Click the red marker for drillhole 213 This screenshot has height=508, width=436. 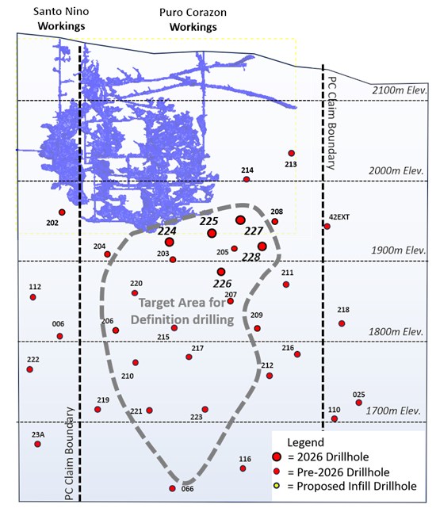pyautogui.click(x=291, y=153)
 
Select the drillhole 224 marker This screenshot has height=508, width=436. pyautogui.click(x=169, y=242)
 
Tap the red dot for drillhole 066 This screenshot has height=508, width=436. pyautogui.click(x=173, y=488)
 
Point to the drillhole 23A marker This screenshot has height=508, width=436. pyautogui.click(x=37, y=444)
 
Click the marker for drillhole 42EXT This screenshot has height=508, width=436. pyautogui.click(x=327, y=226)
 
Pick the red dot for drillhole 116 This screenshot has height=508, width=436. pyautogui.click(x=243, y=468)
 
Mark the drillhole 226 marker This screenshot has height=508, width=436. pyautogui.click(x=221, y=272)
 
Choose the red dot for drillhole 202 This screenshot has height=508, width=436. pyautogui.click(x=62, y=212)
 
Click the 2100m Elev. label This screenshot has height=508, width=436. pyautogui.click(x=400, y=90)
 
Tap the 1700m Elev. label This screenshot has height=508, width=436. pyautogui.click(x=393, y=411)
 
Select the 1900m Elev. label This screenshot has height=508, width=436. pyautogui.click(x=399, y=250)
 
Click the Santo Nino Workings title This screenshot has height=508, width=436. pyautogui.click(x=61, y=18)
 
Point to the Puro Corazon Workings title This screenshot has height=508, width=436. pyautogui.click(x=193, y=20)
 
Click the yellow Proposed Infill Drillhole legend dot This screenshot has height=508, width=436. pyautogui.click(x=277, y=485)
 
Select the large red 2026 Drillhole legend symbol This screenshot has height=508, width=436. pyautogui.click(x=277, y=456)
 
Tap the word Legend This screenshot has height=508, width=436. pyautogui.click(x=306, y=442)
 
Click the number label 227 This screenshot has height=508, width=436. pyautogui.click(x=254, y=231)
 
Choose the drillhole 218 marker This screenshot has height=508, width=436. pyautogui.click(x=342, y=323)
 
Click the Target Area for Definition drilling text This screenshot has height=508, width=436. pyautogui.click(x=182, y=311)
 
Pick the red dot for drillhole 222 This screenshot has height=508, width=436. pyautogui.click(x=30, y=369)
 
